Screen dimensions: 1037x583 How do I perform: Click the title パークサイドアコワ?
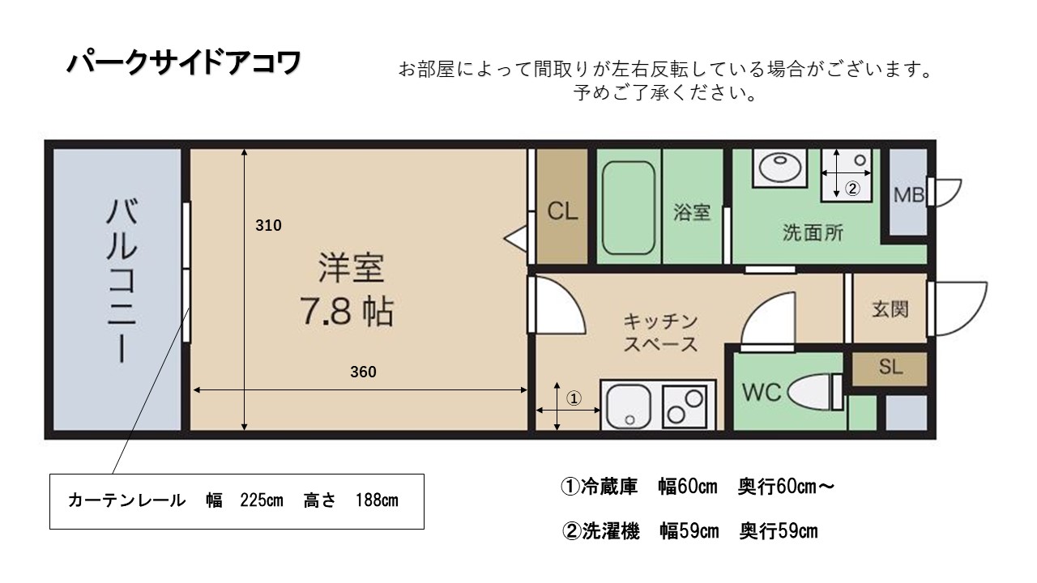[184, 63]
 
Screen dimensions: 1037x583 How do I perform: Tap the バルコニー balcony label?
[122, 280]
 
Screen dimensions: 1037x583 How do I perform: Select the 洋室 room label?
[351, 268]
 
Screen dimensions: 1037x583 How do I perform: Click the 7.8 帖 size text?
[346, 312]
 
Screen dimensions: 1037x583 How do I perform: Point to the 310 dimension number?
[268, 225]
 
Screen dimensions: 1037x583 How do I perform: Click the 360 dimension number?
[364, 372]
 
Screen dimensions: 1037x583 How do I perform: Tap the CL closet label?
[562, 211]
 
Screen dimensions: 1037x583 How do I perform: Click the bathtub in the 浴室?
[629, 208]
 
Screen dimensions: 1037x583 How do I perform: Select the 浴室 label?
[692, 212]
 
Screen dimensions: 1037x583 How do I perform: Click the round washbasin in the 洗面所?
[780, 168]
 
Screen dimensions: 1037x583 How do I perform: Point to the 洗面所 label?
[813, 232]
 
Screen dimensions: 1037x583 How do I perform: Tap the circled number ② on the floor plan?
[852, 189]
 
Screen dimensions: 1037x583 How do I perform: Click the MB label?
[909, 195]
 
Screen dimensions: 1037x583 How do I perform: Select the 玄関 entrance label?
[890, 309]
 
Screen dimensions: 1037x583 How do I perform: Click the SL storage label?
[890, 368]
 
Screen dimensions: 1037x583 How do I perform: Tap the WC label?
[762, 392]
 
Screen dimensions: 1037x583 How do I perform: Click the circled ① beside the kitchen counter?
[574, 398]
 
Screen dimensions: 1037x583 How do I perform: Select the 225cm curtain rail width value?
[262, 500]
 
